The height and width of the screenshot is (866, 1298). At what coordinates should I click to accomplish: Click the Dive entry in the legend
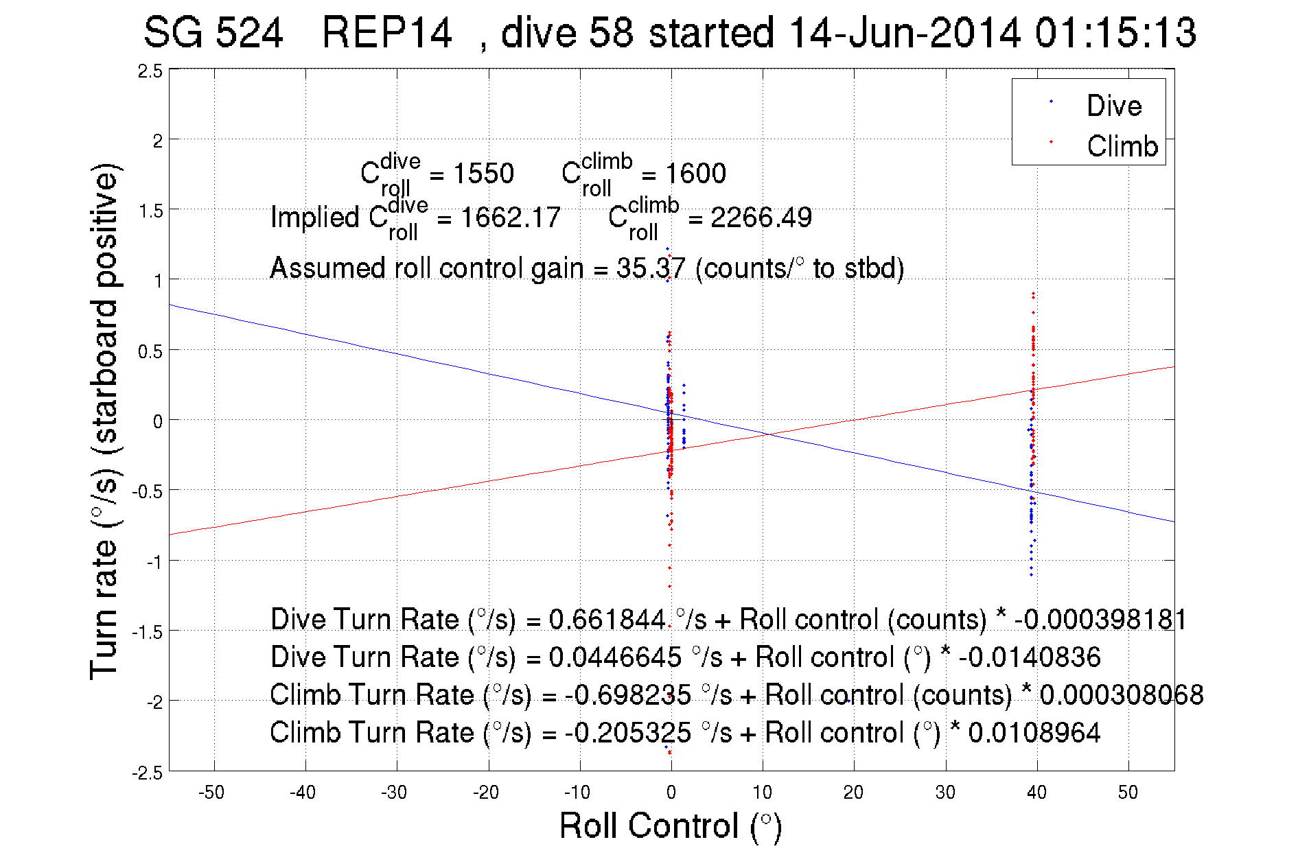tap(1113, 106)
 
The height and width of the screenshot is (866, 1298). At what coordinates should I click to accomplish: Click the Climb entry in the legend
tap(1122, 146)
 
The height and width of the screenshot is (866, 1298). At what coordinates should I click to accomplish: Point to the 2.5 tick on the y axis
tap(150, 71)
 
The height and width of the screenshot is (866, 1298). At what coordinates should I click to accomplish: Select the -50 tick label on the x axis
tap(211, 793)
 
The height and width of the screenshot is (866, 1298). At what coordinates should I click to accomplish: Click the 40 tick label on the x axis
tap(1036, 793)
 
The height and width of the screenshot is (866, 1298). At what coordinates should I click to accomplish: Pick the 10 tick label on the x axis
tap(762, 793)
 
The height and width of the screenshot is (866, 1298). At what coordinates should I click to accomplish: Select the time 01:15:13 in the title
tap(1115, 32)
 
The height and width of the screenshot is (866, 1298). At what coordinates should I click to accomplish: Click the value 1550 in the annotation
tap(483, 174)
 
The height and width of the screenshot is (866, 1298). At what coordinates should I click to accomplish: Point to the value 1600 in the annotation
tap(695, 174)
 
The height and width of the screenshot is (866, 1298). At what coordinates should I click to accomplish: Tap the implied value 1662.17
tap(510, 218)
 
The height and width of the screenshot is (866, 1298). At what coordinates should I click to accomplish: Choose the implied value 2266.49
tap(761, 218)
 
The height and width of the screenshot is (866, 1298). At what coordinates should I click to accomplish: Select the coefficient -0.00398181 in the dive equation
tap(1100, 620)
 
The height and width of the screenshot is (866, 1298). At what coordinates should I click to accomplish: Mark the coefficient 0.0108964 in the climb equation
tap(1034, 733)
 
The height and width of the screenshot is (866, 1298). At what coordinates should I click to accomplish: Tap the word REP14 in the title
tap(386, 32)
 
